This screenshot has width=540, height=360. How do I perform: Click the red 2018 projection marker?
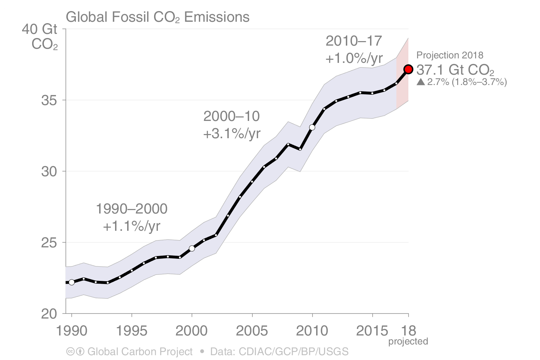(x=408, y=69)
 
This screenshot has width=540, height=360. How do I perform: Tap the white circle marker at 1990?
(x=72, y=282)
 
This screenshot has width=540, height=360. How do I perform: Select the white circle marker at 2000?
(x=192, y=248)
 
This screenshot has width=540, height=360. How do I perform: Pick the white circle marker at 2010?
(x=312, y=127)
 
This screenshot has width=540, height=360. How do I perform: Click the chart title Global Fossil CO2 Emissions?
(x=158, y=17)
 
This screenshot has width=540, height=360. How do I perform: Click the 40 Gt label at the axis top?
(x=39, y=29)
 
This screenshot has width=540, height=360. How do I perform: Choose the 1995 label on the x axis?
(x=132, y=331)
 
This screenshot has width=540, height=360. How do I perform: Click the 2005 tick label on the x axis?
(x=252, y=331)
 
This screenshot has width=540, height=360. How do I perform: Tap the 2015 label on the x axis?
(x=372, y=331)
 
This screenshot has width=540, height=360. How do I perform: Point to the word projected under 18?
(x=408, y=341)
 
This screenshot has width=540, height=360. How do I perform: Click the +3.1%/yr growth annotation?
(x=232, y=134)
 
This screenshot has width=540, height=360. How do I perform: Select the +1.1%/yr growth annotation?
(x=132, y=226)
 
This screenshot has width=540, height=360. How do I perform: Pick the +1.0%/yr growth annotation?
(x=354, y=58)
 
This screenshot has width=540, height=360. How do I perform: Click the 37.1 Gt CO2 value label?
(x=455, y=70)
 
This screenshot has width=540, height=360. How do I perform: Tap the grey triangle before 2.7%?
(x=420, y=82)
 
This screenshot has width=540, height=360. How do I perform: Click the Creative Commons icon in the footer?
(x=70, y=352)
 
